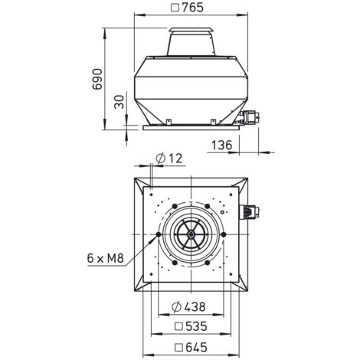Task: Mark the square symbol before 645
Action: [177, 346]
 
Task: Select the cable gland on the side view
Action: [247, 116]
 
